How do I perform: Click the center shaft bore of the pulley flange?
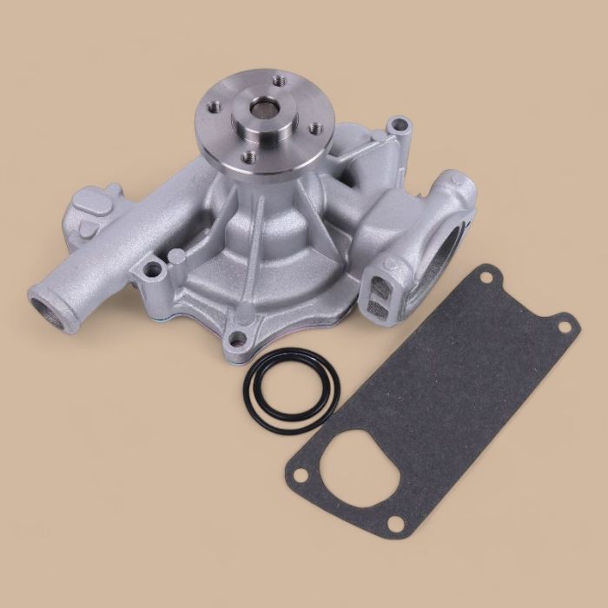(262, 109)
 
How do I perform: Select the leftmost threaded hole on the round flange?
(214, 109)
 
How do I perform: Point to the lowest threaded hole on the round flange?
(249, 156)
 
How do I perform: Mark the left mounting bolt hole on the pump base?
(155, 271)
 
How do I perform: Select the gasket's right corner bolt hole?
(563, 327)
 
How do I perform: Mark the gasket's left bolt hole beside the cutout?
(300, 474)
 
